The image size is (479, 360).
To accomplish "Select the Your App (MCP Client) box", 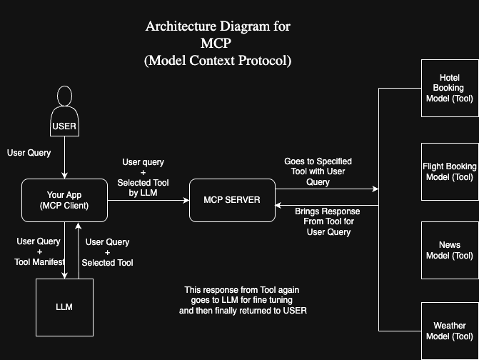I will tap(64, 200).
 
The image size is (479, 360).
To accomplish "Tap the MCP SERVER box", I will tap(232, 200).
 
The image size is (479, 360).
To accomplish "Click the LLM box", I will tap(64, 307).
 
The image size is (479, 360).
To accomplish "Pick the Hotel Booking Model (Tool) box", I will tap(450, 88).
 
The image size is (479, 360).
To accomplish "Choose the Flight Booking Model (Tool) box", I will tap(450, 171).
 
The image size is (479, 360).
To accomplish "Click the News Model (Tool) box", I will tap(450, 250).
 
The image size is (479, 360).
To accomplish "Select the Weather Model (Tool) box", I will tap(450, 331).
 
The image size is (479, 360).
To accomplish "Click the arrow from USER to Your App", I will tap(65, 157).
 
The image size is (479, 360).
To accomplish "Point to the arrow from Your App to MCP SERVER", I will tap(148, 200).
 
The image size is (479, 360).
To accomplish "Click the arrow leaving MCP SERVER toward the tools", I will tap(326, 189).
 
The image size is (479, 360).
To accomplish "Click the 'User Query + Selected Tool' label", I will tap(108, 253).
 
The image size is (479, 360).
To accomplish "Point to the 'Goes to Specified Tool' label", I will tap(318, 172).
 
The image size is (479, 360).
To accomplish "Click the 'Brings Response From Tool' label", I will tap(328, 221).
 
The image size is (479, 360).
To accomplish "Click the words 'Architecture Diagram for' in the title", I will tap(218, 27).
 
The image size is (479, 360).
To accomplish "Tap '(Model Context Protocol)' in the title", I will tap(218, 61).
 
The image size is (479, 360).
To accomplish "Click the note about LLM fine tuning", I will tap(242, 301).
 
